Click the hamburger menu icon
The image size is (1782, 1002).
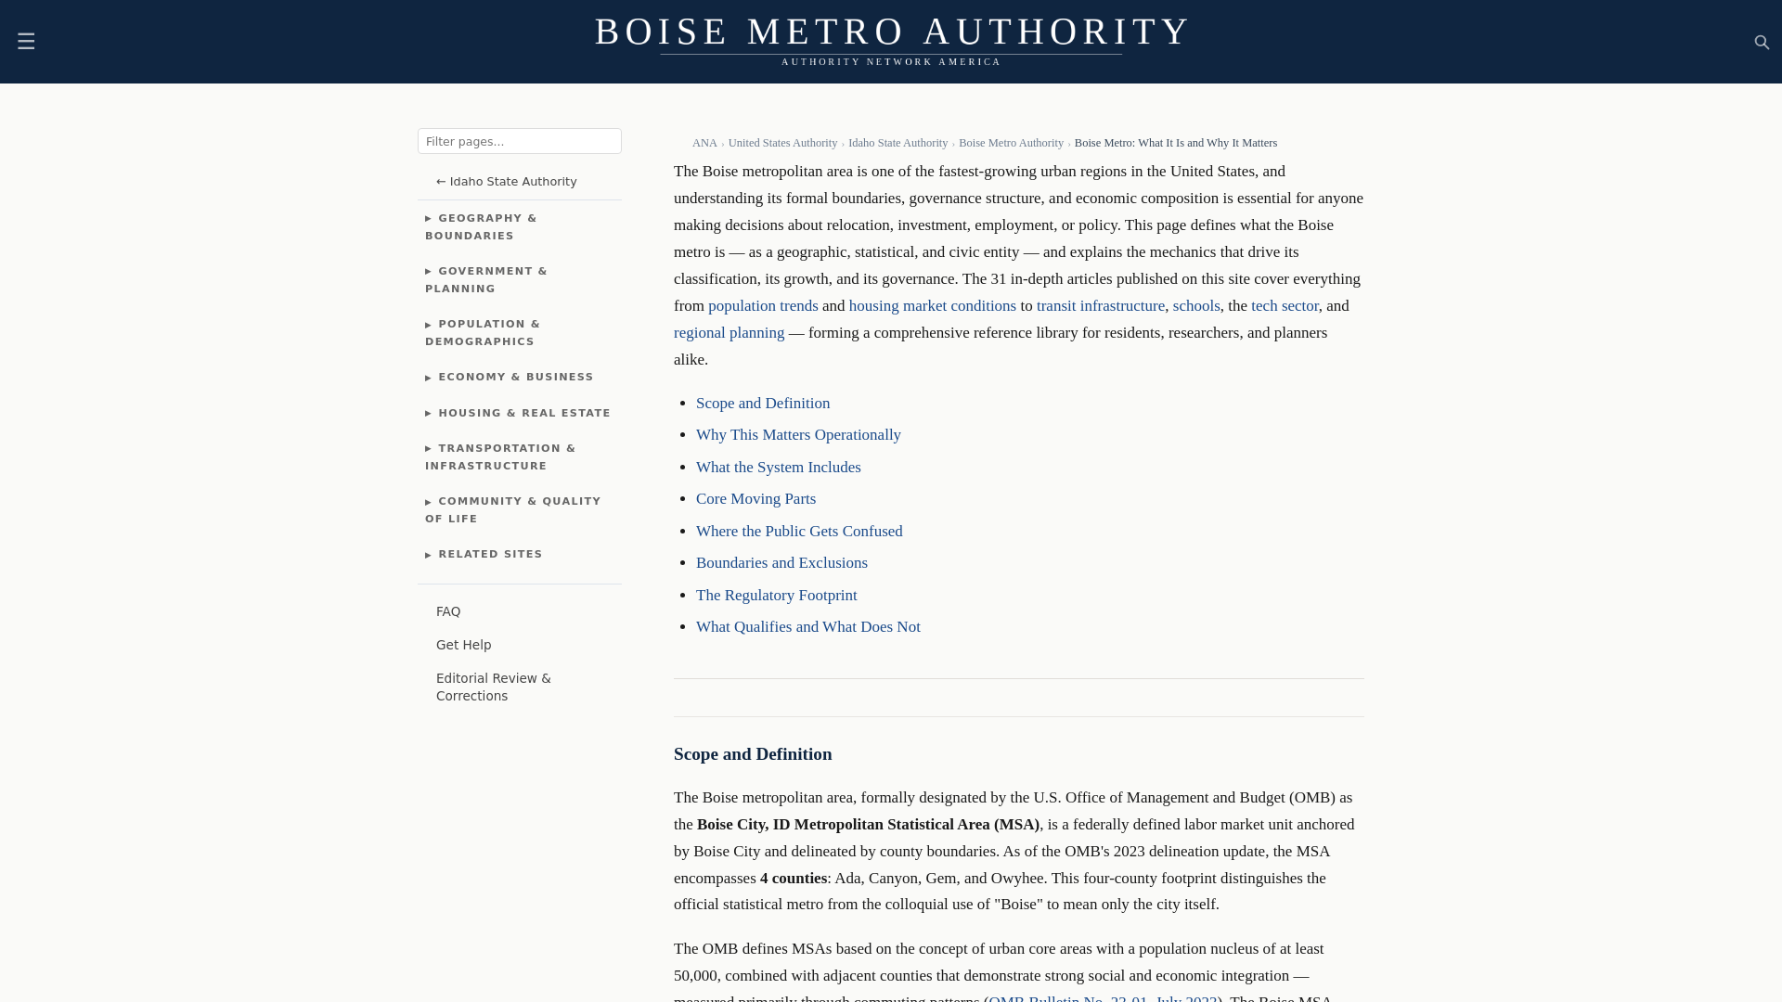[26, 42]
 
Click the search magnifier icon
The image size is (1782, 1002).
[1762, 43]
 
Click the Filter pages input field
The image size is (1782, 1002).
[519, 141]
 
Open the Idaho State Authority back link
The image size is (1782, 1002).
[506, 182]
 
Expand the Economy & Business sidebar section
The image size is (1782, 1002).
[515, 378]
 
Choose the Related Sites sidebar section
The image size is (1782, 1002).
[489, 555]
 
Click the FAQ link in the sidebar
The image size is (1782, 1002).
[448, 612]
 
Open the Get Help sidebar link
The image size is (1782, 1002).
[463, 646]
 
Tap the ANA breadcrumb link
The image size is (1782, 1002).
[704, 144]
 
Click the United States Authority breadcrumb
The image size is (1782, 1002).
[782, 144]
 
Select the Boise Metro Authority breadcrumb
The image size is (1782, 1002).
[1011, 144]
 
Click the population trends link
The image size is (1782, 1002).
[763, 306]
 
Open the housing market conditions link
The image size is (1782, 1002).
[932, 306]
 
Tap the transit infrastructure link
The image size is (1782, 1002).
[1100, 306]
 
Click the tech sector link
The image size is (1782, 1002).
[1284, 306]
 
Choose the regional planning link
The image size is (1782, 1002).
[729, 333]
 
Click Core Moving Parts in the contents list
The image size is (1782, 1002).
[755, 499]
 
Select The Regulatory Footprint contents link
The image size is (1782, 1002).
[776, 596]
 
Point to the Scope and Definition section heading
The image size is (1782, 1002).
[753, 754]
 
